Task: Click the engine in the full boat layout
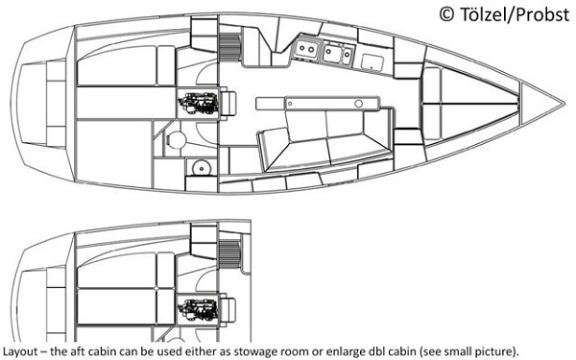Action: pyautogui.click(x=198, y=103)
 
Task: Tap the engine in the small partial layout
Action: pyautogui.click(x=198, y=309)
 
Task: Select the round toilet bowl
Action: pyautogui.click(x=177, y=139)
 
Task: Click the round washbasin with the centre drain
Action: pyautogui.click(x=202, y=168)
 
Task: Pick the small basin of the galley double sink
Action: pyautogui.click(x=347, y=56)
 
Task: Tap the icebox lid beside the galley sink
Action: pyautogui.click(x=372, y=62)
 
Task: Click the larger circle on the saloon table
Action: pyautogui.click(x=358, y=104)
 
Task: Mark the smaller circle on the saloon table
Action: pyautogui.click(x=290, y=104)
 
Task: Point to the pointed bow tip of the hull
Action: pyautogui.click(x=564, y=104)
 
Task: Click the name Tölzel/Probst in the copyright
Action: pyautogui.click(x=515, y=14)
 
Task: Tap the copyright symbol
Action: pyautogui.click(x=446, y=14)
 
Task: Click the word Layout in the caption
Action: pyautogui.click(x=20, y=350)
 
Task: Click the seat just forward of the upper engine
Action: pyautogui.click(x=228, y=103)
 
